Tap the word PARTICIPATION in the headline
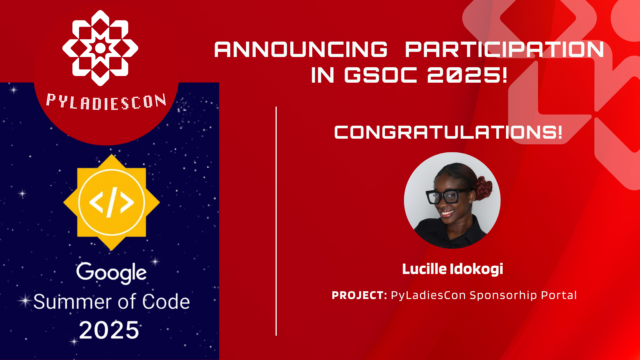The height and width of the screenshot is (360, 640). coord(504,50)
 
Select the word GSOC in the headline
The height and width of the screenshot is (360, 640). coord(380,75)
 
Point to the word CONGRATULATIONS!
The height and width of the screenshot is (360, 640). coord(448,132)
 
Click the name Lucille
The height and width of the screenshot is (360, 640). coord(424,269)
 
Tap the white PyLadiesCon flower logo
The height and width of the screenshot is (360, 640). coord(100,48)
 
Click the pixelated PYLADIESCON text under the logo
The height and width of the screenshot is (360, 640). coord(106,102)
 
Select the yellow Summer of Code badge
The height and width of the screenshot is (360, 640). coord(111,202)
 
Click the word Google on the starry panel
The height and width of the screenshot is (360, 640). coord(111,273)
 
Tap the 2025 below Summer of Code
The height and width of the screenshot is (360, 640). coord(109,330)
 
